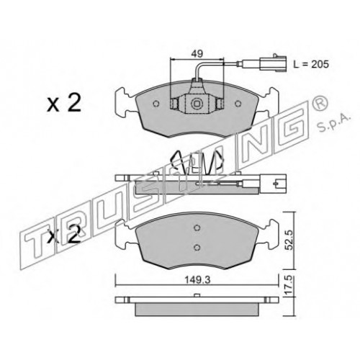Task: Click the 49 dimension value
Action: coord(197,53)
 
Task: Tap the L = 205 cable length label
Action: coord(311,64)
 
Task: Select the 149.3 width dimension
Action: coord(197,280)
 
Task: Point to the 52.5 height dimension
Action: coord(289,240)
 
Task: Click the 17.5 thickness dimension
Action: coord(289,285)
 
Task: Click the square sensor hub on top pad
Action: coord(197,104)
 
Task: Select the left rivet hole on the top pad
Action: coord(156,104)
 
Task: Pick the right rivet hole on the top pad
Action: coord(238,104)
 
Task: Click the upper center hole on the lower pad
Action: coord(197,228)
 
